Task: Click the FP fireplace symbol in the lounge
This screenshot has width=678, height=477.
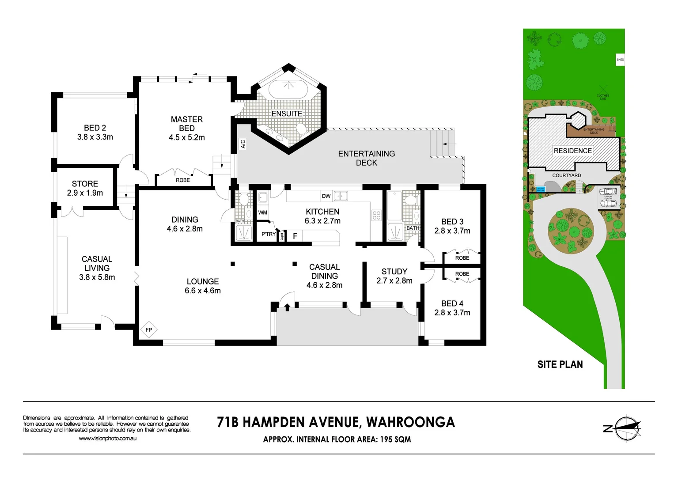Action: pyautogui.click(x=149, y=329)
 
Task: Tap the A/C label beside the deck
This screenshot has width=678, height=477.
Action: pyautogui.click(x=242, y=144)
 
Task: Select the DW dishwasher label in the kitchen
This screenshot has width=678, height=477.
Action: pyautogui.click(x=326, y=196)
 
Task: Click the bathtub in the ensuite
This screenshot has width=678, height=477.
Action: pyautogui.click(x=288, y=90)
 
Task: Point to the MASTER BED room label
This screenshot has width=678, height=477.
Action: pyautogui.click(x=187, y=124)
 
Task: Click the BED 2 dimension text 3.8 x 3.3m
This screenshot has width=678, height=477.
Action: pyautogui.click(x=95, y=137)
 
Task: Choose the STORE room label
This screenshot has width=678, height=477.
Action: pyautogui.click(x=85, y=184)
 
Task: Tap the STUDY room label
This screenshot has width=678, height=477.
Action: pyautogui.click(x=394, y=272)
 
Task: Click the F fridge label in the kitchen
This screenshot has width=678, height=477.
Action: pyautogui.click(x=295, y=236)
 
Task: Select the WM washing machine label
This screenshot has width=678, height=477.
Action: pyautogui.click(x=263, y=212)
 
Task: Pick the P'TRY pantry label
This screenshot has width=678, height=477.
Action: pyautogui.click(x=268, y=234)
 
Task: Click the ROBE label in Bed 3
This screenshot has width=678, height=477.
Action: pyautogui.click(x=462, y=258)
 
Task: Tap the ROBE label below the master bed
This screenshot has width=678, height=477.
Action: pyautogui.click(x=183, y=180)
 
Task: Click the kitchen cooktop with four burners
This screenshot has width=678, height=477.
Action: pyautogui.click(x=376, y=216)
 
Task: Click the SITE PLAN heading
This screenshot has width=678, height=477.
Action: pyautogui.click(x=560, y=364)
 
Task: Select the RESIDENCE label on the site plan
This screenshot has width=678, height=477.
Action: pyautogui.click(x=572, y=151)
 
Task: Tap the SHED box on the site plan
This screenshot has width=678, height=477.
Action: pyautogui.click(x=620, y=60)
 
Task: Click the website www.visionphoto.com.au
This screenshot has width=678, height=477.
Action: pyautogui.click(x=107, y=439)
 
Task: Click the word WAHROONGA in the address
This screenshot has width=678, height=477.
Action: pyautogui.click(x=410, y=422)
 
